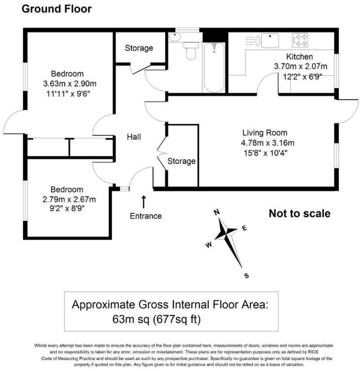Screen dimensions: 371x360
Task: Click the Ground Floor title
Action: tap(57, 8)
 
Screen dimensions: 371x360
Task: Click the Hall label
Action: tap(134, 137)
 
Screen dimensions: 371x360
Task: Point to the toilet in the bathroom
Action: tap(191, 52)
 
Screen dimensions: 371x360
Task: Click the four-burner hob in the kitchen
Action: tap(300, 39)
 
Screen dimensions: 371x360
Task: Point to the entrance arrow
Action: tap(143, 201)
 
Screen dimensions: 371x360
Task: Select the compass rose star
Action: tap(229, 232)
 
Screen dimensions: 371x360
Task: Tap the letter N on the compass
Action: tap(217, 212)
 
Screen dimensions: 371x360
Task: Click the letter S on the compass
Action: tap(246, 275)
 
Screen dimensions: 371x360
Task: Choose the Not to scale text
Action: tap(299, 214)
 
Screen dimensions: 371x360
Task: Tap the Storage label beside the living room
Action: tap(181, 161)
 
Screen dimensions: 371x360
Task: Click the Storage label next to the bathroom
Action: tap(139, 48)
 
